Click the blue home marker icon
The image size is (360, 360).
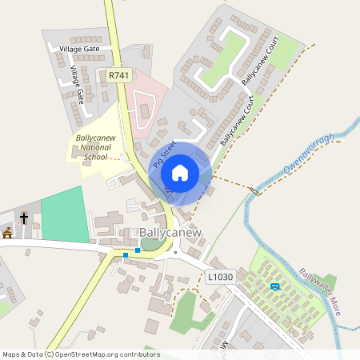click(x=180, y=173)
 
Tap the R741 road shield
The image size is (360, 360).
click(x=118, y=75)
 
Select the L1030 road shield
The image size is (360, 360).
click(x=220, y=277)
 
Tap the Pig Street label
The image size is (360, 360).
click(x=164, y=154)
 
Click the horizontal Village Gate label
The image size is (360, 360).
click(x=79, y=49)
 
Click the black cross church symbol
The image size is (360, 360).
click(x=24, y=217)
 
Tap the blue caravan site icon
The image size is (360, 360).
click(x=276, y=286)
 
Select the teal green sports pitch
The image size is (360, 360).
click(x=64, y=214)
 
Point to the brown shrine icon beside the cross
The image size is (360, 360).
click(x=8, y=233)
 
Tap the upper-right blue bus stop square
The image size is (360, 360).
click(x=138, y=250)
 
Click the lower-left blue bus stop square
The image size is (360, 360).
click(x=126, y=255)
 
